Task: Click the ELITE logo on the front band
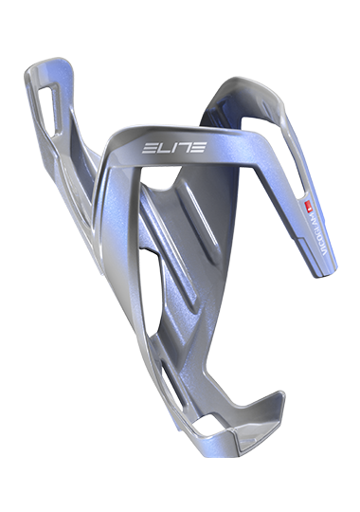173,149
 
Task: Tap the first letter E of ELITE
151,149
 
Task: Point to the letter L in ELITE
163,149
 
